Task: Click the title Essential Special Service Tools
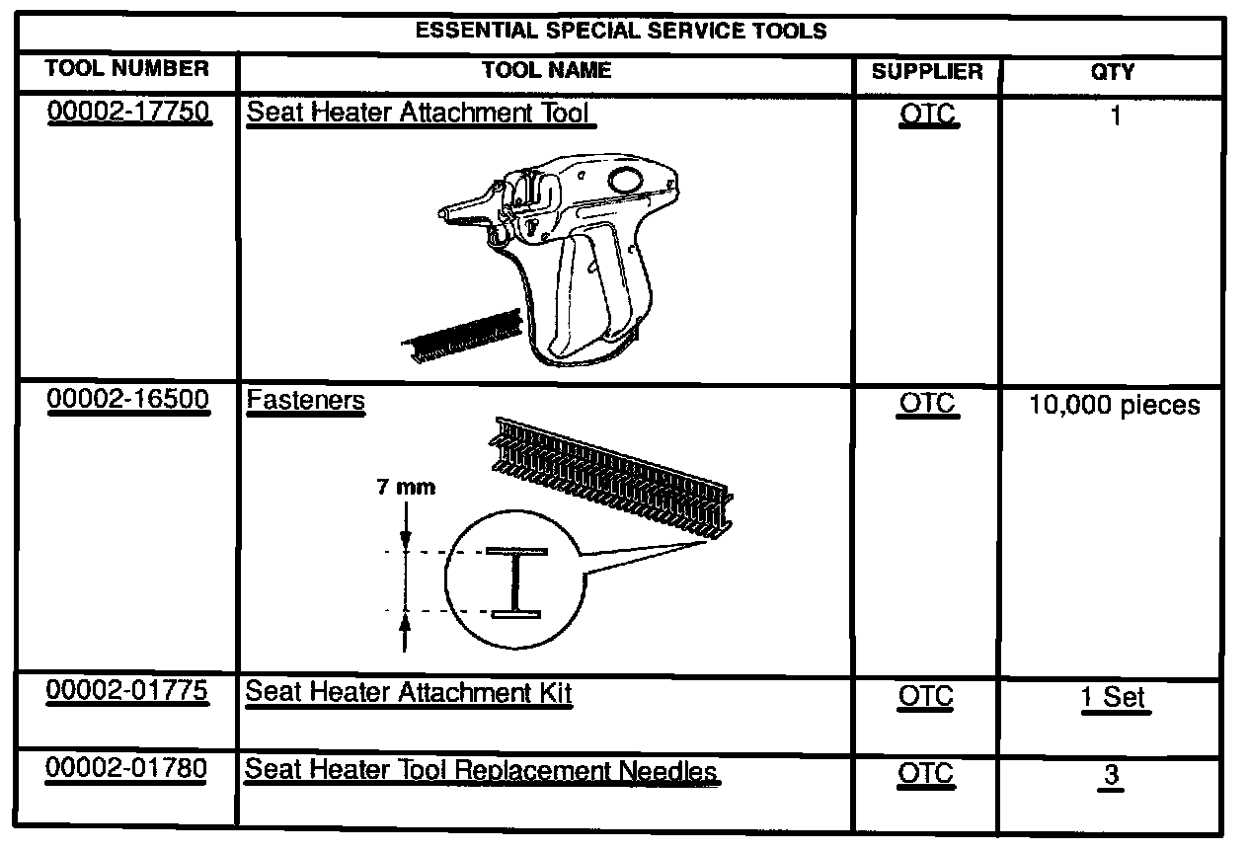[620, 31]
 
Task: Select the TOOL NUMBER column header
[127, 69]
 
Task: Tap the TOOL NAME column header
[546, 70]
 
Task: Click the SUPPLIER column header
[927, 71]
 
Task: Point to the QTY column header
[1115, 71]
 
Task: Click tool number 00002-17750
[128, 112]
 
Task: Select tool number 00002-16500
[128, 400]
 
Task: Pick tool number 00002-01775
[127, 691]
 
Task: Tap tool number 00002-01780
[127, 769]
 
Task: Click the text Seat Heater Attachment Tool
[418, 112]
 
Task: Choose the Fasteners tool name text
[305, 401]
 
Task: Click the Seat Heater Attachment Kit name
[409, 692]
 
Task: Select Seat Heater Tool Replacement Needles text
[481, 770]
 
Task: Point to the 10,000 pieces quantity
[1115, 405]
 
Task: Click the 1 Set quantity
[1115, 697]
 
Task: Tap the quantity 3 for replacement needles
[1112, 775]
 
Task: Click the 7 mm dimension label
[406, 487]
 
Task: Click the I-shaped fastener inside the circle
[515, 582]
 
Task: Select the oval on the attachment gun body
[626, 180]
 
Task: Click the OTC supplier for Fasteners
[927, 405]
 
